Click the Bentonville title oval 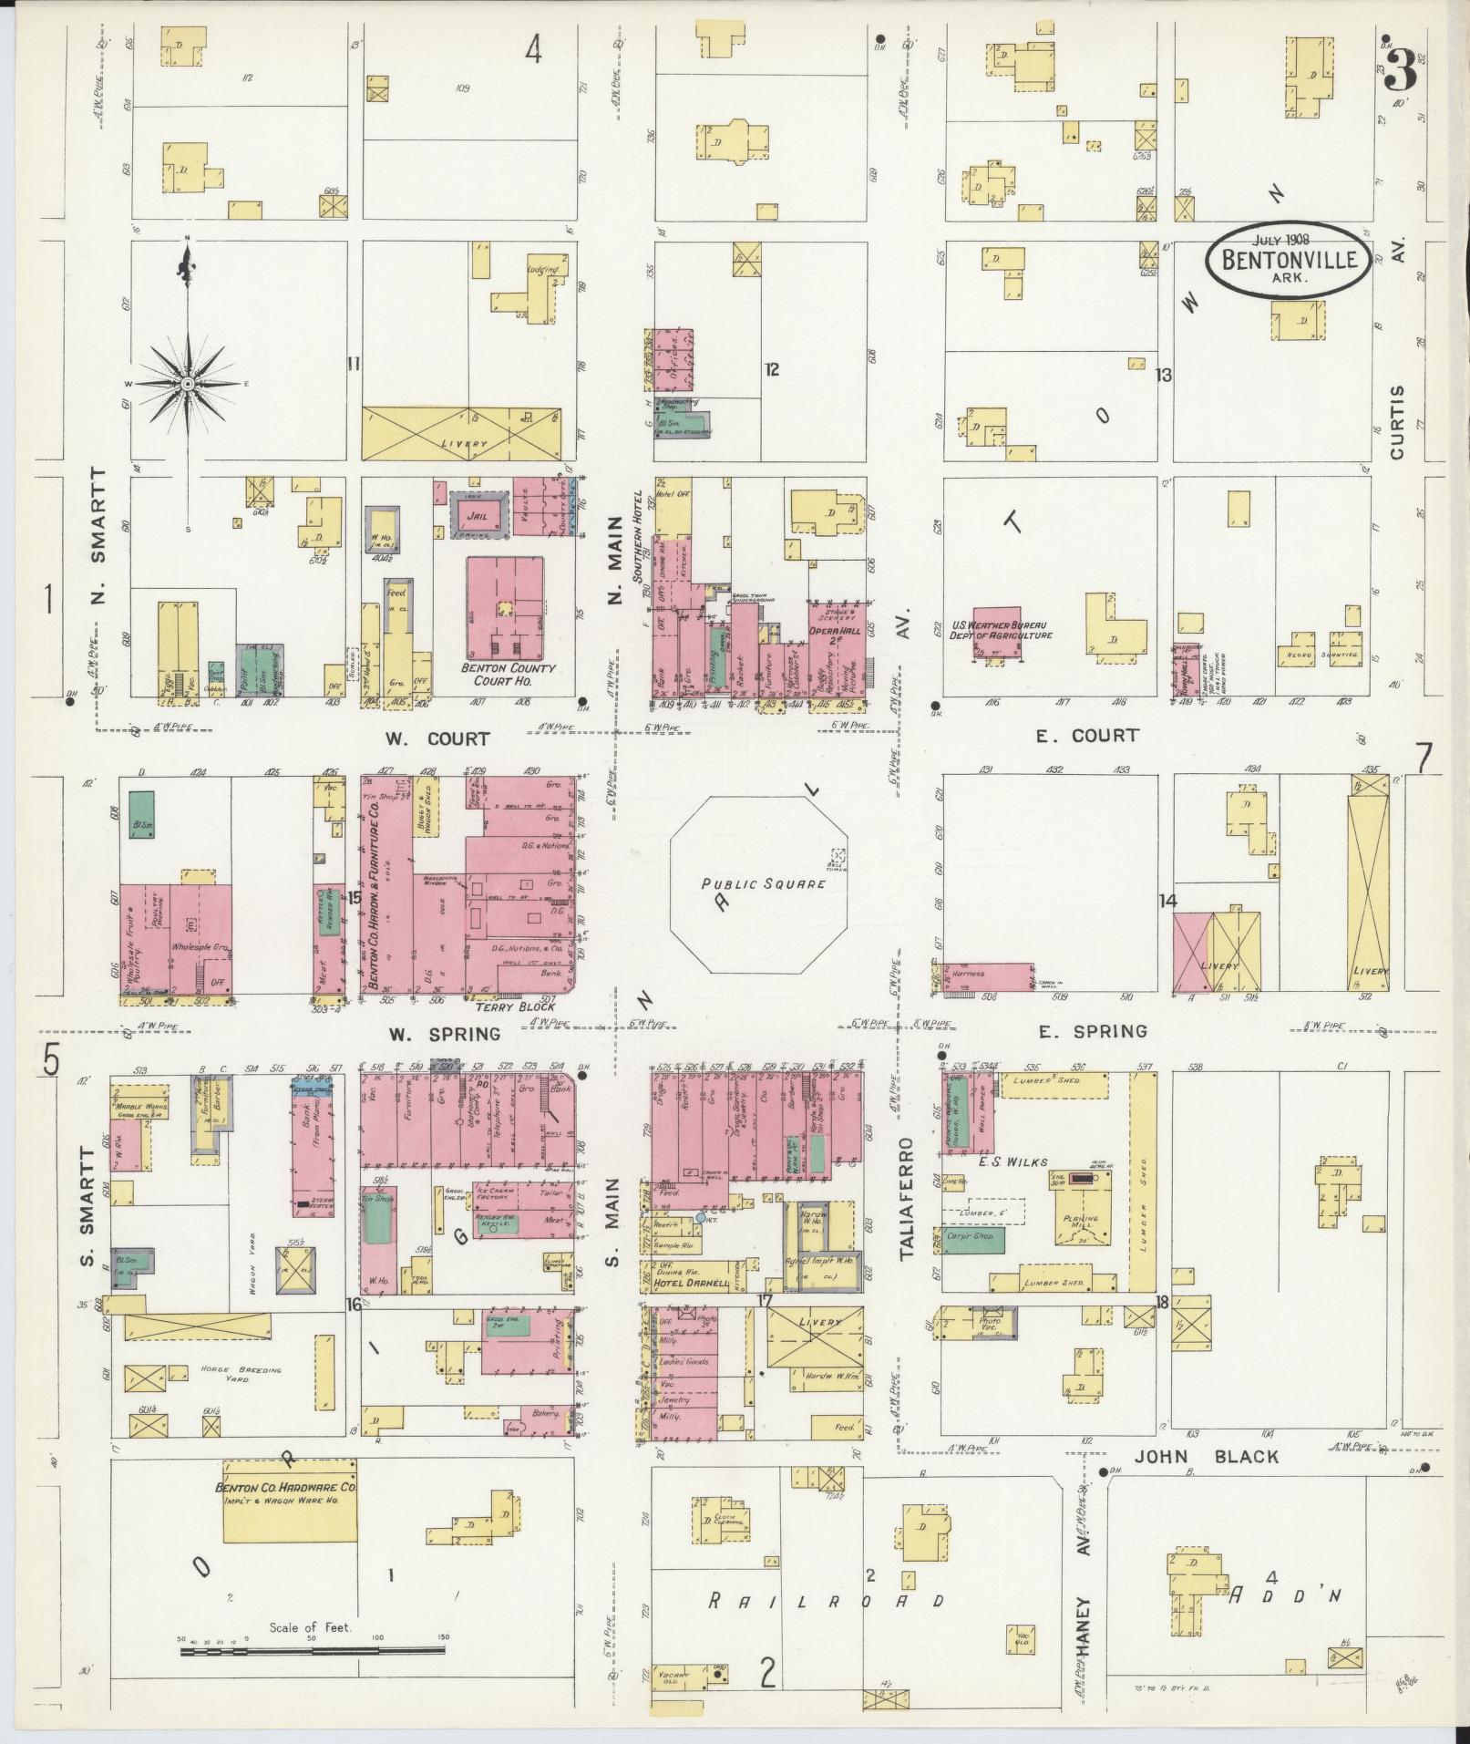coord(1289,258)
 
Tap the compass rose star coord(187,384)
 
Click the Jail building coord(475,517)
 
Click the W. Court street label coord(437,738)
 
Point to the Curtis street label coord(1399,420)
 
